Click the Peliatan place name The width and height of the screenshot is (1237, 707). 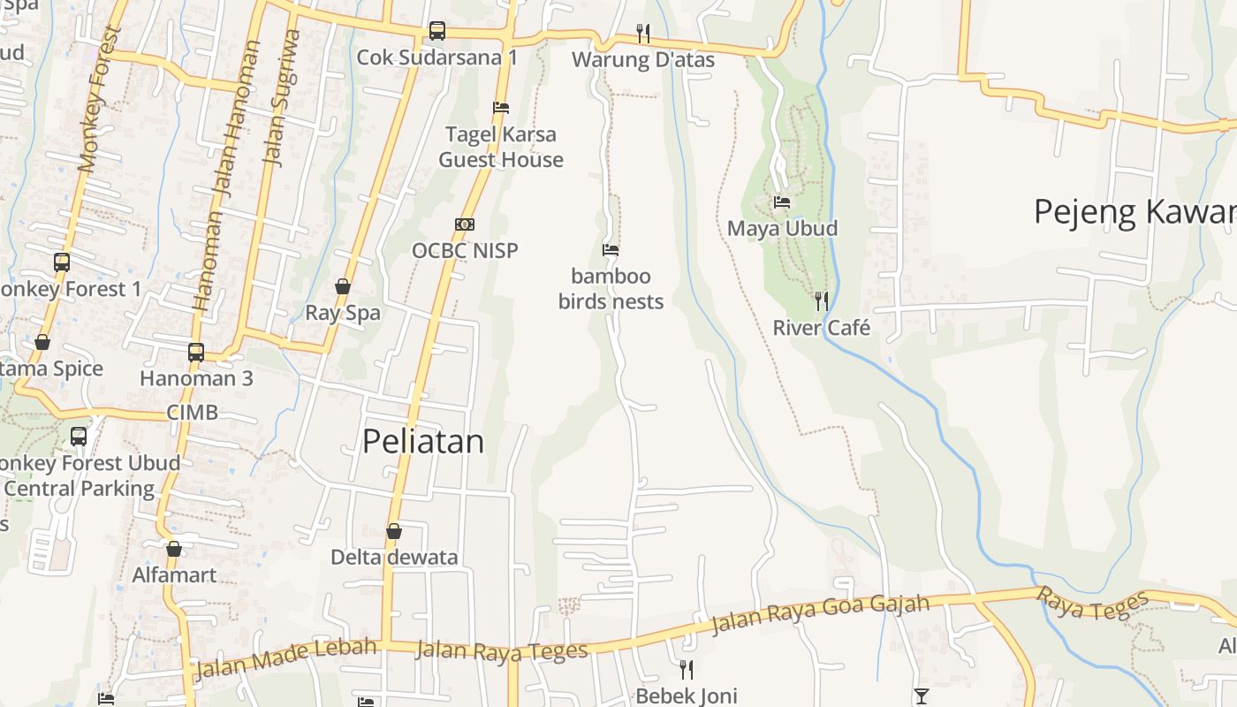(423, 441)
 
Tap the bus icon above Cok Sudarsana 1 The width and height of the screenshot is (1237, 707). (437, 31)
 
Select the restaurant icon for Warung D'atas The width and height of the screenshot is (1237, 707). (643, 34)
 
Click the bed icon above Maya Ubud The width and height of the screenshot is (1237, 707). (782, 202)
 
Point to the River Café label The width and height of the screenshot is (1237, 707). (821, 328)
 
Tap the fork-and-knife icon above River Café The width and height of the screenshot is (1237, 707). (822, 301)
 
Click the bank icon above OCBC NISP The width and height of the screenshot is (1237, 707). (465, 224)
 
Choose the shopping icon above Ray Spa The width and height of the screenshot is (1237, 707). (343, 286)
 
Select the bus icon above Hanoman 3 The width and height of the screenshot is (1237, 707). (196, 353)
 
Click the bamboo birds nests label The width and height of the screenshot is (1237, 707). (611, 289)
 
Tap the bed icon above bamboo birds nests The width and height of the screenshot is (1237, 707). (611, 250)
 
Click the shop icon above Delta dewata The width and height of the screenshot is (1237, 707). (394, 531)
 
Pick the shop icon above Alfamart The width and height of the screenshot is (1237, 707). (174, 549)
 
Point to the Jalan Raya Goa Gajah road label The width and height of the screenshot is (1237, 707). (820, 614)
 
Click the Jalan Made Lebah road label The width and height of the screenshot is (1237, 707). (285, 658)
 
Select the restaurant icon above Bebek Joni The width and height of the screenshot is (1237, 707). (686, 669)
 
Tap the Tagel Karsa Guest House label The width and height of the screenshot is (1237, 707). (501, 148)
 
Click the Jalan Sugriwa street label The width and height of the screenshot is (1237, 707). (283, 98)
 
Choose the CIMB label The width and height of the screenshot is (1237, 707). (192, 413)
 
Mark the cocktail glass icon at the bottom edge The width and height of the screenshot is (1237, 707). (922, 696)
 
